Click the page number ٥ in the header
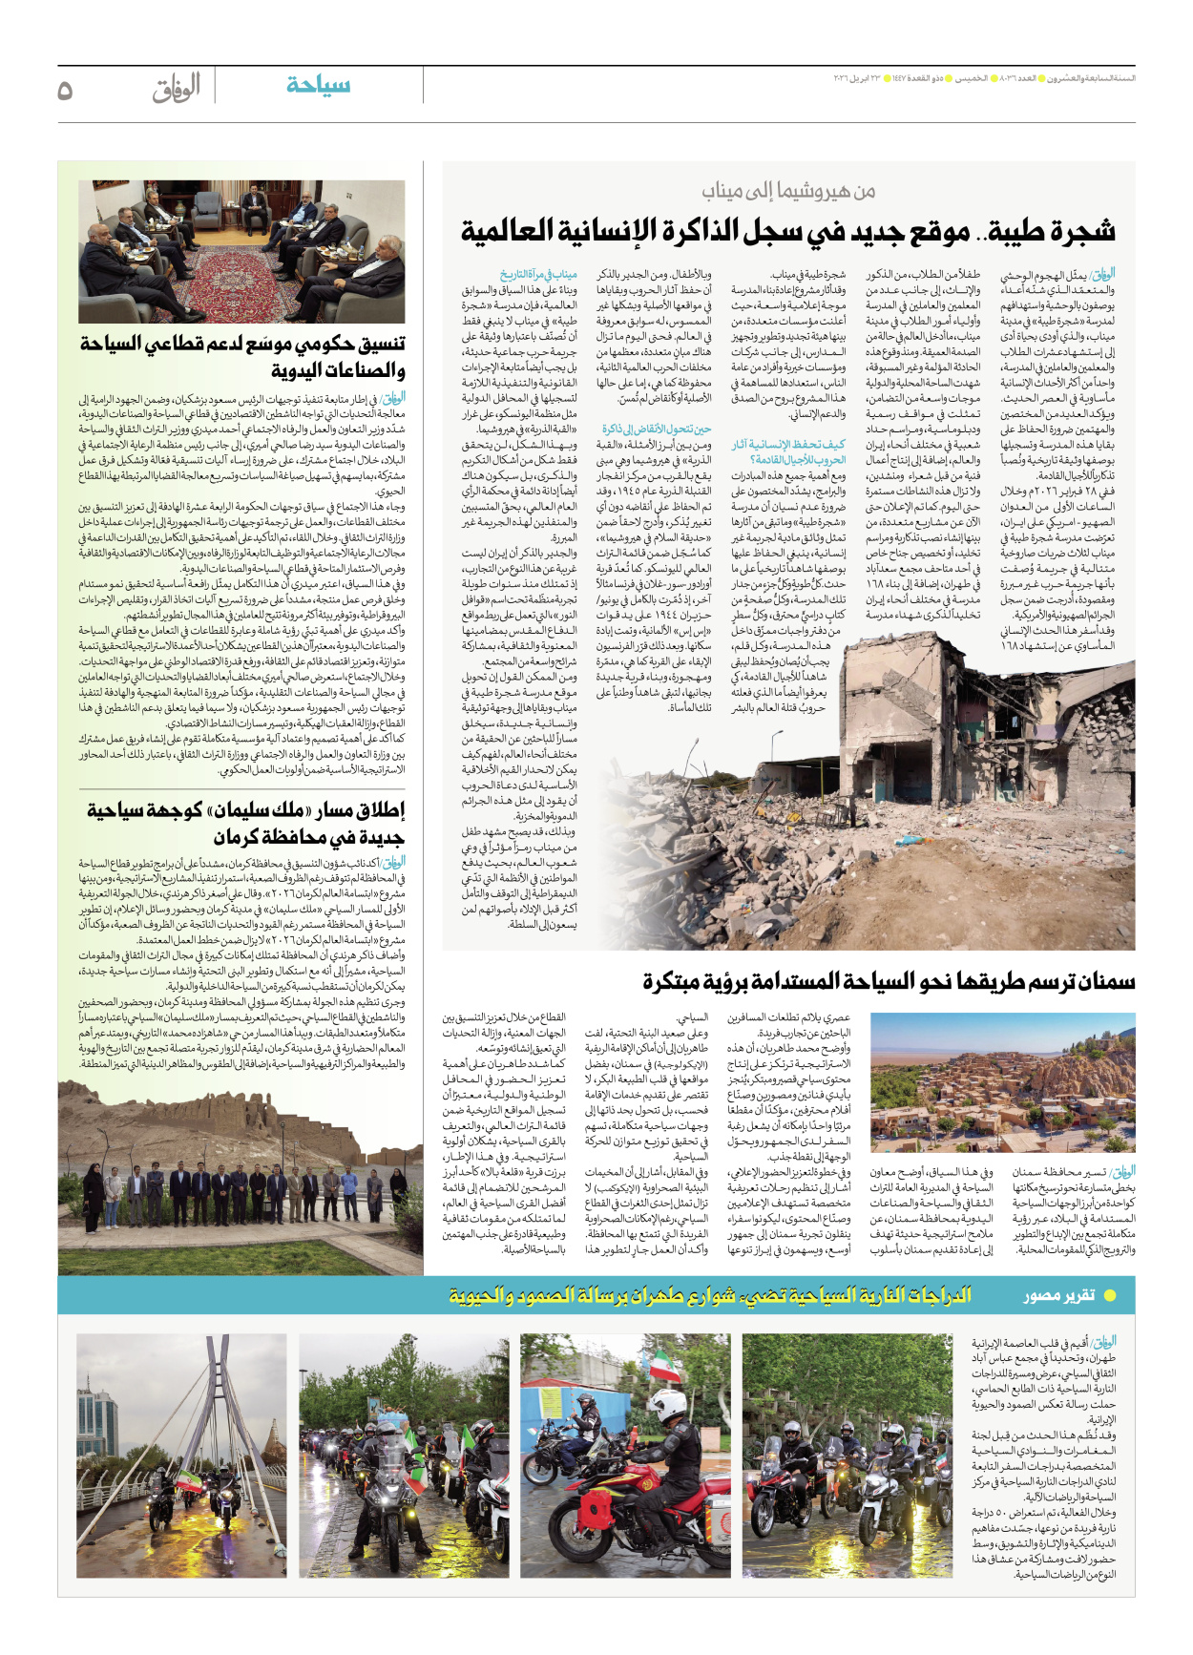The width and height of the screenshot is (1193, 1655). [65, 90]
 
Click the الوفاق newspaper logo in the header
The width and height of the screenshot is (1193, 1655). [177, 88]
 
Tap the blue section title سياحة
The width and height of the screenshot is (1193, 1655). [318, 86]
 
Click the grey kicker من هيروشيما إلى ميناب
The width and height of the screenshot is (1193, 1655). [788, 191]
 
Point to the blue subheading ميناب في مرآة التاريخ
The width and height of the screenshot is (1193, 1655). [538, 275]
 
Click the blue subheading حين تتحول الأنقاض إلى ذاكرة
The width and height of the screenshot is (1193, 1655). [657, 429]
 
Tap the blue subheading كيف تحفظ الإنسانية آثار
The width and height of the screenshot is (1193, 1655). [788, 451]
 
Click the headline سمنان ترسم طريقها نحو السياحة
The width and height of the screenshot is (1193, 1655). [888, 981]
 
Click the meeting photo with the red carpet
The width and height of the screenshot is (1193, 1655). [241, 251]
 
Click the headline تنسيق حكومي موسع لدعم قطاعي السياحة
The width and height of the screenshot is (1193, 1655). [243, 356]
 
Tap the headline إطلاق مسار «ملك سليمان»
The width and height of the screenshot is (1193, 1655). [245, 824]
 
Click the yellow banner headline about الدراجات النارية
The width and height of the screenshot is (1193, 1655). [711, 1296]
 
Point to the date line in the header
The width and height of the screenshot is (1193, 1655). [983, 78]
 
